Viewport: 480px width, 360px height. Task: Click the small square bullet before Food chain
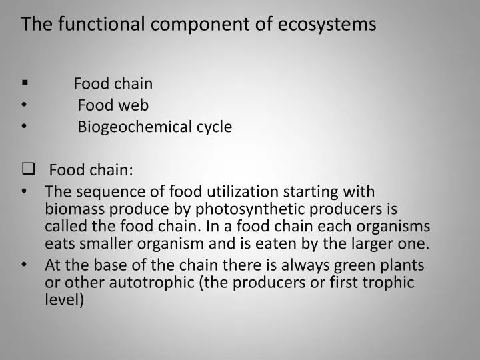point(25,83)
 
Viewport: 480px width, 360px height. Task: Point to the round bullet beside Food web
point(25,105)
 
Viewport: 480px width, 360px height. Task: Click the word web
point(134,105)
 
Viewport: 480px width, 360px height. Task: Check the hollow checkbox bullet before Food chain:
point(27,169)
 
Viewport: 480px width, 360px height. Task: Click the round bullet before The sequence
point(25,191)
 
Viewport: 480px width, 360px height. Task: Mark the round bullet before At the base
point(25,265)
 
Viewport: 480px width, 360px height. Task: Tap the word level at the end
point(64,300)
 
